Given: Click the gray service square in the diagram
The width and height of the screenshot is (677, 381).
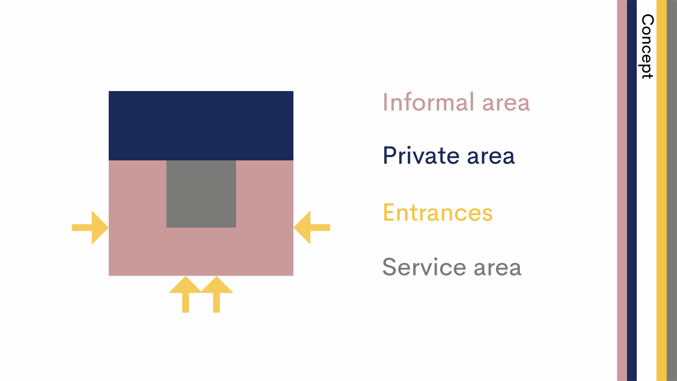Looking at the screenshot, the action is [x=201, y=194].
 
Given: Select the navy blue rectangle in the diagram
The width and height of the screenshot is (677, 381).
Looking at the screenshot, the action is [x=201, y=126].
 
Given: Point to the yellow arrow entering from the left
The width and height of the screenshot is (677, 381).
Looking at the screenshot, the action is [x=90, y=228].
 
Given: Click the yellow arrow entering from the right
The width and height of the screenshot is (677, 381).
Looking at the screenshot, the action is [x=312, y=228].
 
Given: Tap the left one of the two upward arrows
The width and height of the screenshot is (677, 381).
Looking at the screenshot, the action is [x=186, y=294].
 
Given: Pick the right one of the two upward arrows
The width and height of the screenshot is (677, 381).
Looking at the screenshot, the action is [x=217, y=294].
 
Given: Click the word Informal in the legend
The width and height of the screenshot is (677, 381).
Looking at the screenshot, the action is [x=429, y=102].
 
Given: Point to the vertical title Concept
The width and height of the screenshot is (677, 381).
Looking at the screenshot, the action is [x=647, y=47].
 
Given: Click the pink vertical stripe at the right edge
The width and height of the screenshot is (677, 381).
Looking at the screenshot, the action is [x=622, y=190].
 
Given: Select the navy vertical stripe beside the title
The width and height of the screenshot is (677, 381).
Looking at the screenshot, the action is [x=632, y=190].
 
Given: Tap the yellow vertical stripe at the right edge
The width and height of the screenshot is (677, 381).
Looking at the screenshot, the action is [x=661, y=190].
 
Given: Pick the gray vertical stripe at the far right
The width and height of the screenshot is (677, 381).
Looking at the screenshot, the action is [x=672, y=190].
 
